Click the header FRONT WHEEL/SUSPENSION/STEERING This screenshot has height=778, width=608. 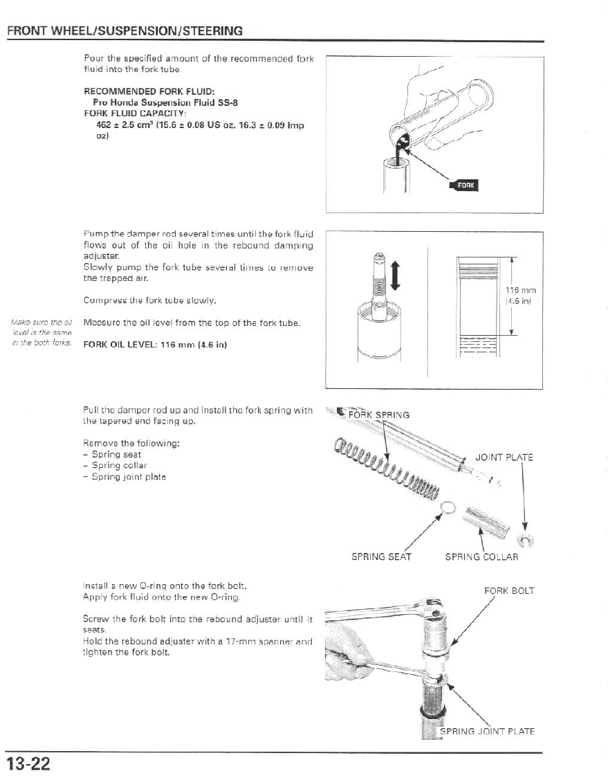(125, 30)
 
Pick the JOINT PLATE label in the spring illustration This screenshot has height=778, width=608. (504, 457)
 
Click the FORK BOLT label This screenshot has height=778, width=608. (509, 591)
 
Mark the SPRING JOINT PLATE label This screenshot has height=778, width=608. (488, 731)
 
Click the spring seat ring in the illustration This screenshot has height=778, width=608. (448, 509)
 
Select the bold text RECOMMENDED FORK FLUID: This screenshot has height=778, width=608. (149, 91)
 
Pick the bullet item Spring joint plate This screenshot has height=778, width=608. (128, 477)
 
